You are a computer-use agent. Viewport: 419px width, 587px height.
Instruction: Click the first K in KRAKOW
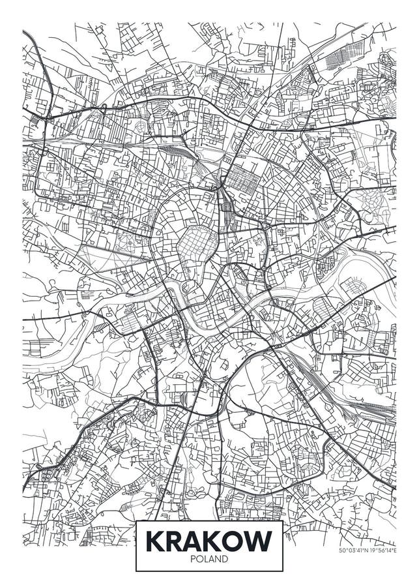click(154, 541)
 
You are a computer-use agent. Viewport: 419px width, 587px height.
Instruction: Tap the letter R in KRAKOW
click(175, 541)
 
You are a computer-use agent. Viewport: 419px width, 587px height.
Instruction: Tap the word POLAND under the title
click(209, 559)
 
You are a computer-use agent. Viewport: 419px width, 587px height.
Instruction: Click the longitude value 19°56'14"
click(382, 550)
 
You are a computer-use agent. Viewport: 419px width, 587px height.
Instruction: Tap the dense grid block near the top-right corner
click(338, 59)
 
